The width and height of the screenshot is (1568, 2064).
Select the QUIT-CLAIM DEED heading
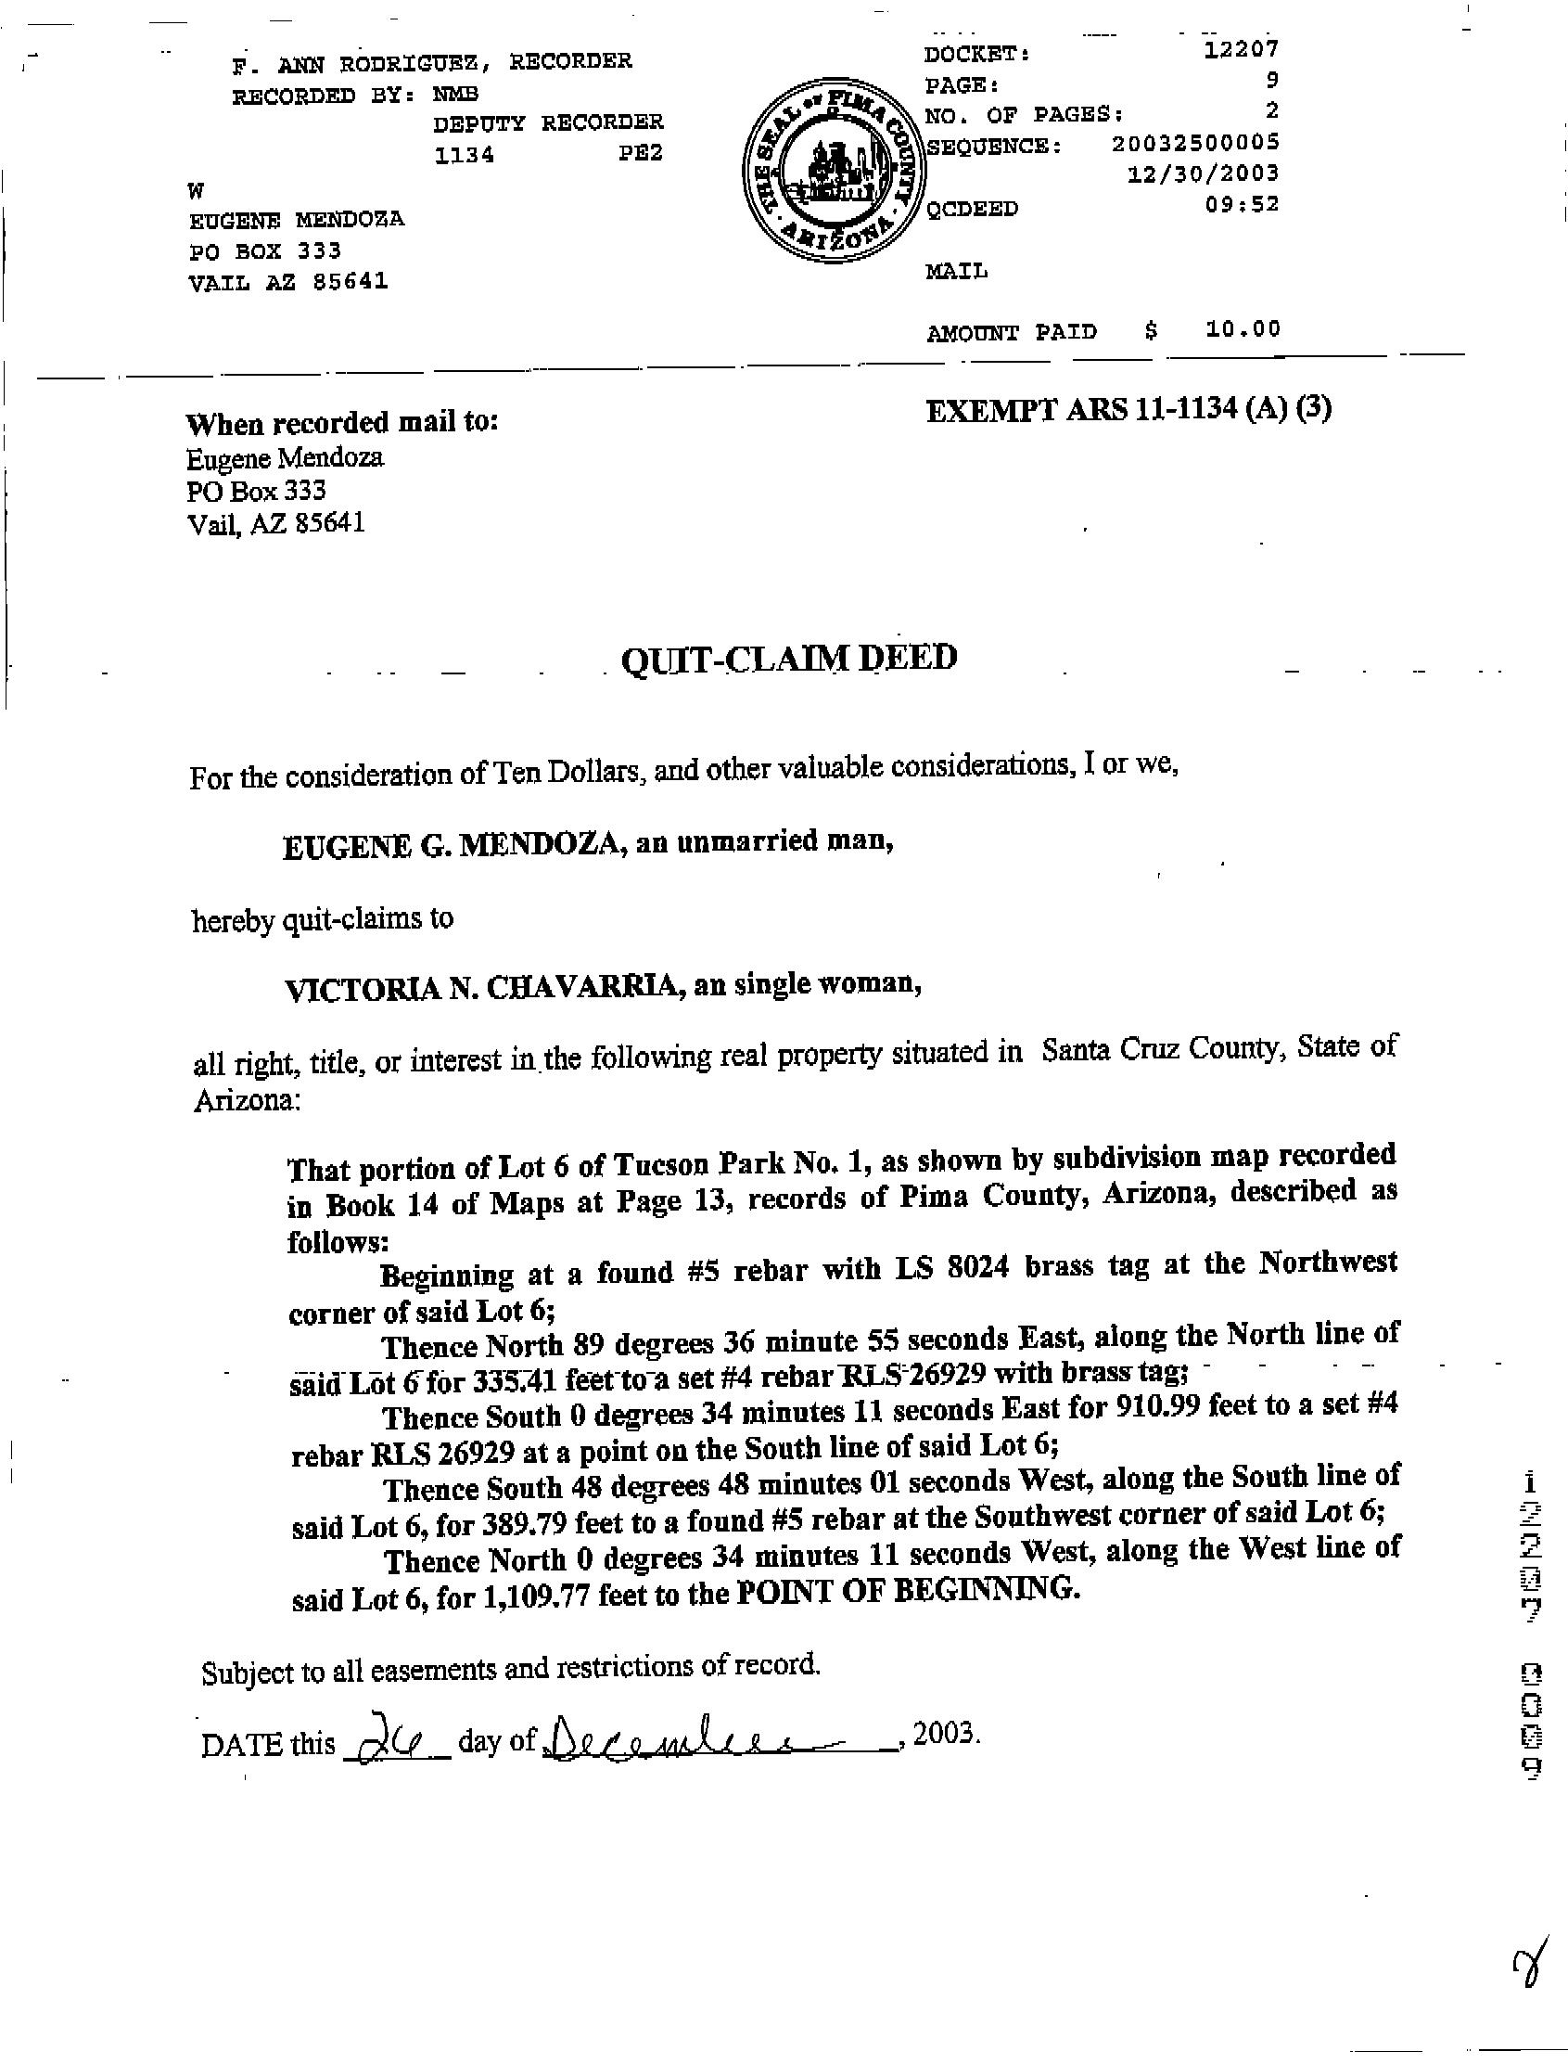pos(789,659)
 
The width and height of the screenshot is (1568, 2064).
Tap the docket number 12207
pos(1241,49)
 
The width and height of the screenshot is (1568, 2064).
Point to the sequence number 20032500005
pos(1195,143)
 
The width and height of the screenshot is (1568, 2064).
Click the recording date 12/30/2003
pos(1203,173)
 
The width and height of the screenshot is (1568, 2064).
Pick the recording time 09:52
pos(1242,204)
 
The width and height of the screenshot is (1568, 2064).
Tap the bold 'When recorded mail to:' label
pos(342,423)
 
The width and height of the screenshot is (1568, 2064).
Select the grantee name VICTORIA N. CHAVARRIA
pos(481,989)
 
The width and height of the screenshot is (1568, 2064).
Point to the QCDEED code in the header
pos(972,208)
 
